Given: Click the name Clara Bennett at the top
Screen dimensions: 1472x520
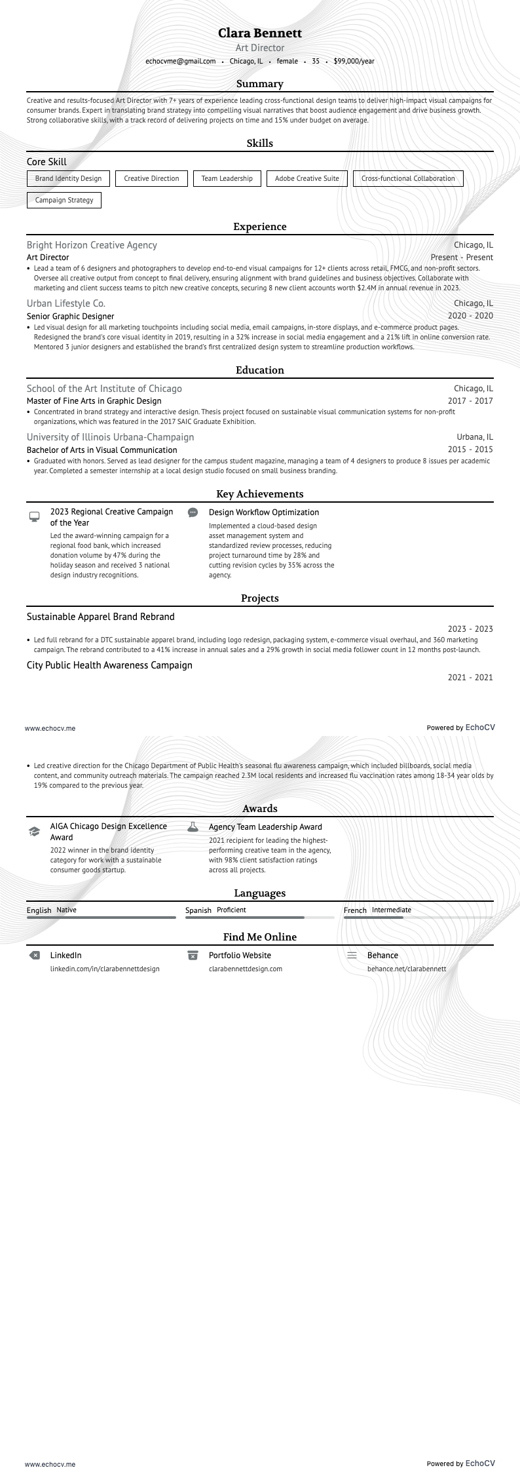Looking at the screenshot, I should (x=260, y=33).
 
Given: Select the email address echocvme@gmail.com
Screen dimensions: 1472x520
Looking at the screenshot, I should (x=180, y=61).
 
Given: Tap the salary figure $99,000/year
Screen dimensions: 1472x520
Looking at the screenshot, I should (x=354, y=61).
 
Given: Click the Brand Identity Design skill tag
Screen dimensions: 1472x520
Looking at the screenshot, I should (x=68, y=178).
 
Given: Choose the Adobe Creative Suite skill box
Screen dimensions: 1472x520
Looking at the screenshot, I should (x=306, y=178).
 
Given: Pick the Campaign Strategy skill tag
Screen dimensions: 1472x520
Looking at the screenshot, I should (x=64, y=200).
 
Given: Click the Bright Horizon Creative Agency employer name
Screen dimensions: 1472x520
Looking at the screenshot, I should (x=92, y=245).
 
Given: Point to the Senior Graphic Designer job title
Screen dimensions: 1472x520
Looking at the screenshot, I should (x=70, y=316).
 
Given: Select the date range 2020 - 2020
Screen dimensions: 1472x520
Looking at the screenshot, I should (x=470, y=316).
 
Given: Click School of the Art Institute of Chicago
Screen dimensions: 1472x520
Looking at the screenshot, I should (x=104, y=389).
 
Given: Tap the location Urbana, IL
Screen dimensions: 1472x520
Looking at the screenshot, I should (x=475, y=437).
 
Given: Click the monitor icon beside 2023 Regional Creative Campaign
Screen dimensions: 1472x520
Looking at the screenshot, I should (x=34, y=516).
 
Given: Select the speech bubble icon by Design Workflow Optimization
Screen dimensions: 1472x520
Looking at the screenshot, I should (x=193, y=513).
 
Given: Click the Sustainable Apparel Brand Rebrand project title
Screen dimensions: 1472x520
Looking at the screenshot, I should (x=100, y=617).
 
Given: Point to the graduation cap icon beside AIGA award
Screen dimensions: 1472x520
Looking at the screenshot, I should (x=34, y=832).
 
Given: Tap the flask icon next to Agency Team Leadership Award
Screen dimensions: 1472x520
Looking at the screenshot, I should (x=193, y=827).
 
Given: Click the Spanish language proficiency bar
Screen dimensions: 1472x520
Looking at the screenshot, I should (x=259, y=918).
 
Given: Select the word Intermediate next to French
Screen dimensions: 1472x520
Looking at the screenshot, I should (x=391, y=910).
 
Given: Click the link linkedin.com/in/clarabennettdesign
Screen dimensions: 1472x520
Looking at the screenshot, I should (x=105, y=969).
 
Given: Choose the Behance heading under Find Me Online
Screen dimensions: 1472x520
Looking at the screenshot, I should (x=382, y=956).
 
